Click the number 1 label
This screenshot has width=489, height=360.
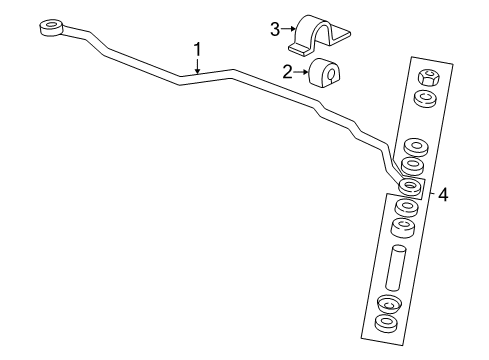[198, 48]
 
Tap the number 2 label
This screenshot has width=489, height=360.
[286, 71]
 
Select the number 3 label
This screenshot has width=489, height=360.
[274, 28]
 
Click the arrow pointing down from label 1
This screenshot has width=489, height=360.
[198, 66]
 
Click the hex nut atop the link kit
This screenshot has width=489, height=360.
[426, 76]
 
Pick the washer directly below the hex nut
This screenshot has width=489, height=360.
[424, 98]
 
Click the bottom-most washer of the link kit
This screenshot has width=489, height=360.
[384, 324]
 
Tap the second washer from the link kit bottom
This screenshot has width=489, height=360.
[388, 303]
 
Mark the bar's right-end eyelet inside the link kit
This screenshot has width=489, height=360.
[408, 186]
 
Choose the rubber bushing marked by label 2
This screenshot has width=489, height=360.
[326, 74]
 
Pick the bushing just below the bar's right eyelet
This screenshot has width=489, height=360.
[405, 207]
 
